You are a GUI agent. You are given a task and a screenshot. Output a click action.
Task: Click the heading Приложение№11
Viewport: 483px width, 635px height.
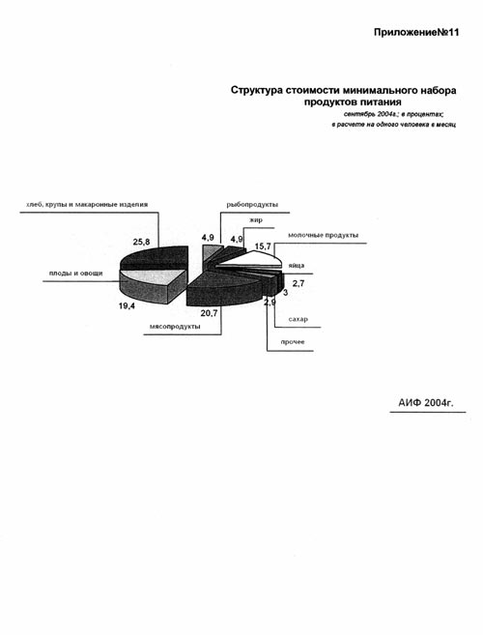(x=416, y=33)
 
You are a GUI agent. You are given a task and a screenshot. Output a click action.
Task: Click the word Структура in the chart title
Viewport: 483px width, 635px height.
(x=257, y=90)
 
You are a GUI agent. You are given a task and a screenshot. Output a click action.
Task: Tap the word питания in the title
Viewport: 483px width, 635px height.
(x=381, y=101)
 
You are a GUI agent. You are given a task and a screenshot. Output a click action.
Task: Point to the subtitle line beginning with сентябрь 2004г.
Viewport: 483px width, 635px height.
(x=394, y=114)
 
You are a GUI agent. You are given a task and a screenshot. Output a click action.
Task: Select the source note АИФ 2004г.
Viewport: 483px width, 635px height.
(x=426, y=402)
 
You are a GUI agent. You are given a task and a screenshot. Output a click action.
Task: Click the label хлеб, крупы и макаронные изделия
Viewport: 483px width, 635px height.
(x=87, y=205)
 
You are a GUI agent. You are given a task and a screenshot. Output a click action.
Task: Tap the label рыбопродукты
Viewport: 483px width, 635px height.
(x=252, y=205)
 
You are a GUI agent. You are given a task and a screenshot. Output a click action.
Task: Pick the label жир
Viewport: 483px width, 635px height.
(x=256, y=220)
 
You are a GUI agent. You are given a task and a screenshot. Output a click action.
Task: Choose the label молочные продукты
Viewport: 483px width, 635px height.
(x=323, y=235)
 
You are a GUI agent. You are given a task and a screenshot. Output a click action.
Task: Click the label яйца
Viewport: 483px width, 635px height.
(x=297, y=266)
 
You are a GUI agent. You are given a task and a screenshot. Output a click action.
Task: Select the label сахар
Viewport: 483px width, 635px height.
(x=298, y=319)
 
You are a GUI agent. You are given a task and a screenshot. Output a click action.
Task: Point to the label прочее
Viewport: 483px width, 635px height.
(x=293, y=342)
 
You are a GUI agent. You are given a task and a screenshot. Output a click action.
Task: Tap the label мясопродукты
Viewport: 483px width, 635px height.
(x=175, y=327)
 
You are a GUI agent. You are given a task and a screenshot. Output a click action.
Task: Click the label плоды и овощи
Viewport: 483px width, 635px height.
(x=75, y=274)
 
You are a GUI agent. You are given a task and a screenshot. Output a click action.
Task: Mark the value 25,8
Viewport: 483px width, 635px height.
(x=141, y=243)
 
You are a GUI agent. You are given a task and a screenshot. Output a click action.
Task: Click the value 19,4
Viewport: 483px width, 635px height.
(x=127, y=306)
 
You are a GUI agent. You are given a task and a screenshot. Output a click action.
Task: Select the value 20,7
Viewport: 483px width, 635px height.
(x=210, y=312)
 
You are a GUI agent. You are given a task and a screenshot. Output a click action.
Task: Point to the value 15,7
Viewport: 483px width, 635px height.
(x=263, y=245)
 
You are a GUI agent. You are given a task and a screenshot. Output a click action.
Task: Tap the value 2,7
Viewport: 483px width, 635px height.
(x=298, y=283)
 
